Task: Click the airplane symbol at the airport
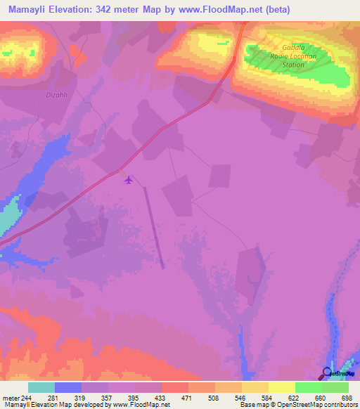tap(128, 180)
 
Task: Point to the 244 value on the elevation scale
tap(26, 398)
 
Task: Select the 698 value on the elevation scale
tap(347, 398)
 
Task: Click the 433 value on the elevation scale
tap(160, 398)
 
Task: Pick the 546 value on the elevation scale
tap(240, 398)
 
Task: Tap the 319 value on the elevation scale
tap(79, 398)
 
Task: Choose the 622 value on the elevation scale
tap(293, 398)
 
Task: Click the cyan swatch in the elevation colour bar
tap(41, 387)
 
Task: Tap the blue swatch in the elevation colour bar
tap(68, 387)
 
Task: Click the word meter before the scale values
tap(10, 398)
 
